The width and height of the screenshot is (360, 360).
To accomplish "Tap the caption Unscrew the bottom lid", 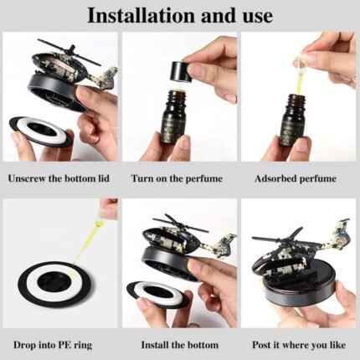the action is (x=59, y=178).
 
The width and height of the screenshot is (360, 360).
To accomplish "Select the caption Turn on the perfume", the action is (x=177, y=178).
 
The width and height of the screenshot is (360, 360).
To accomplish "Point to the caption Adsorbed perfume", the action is (x=296, y=178).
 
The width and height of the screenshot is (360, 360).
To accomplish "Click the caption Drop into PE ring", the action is (x=53, y=345).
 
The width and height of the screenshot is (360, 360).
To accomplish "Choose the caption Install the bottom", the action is (x=180, y=345).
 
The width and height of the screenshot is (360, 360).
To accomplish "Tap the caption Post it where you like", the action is (x=299, y=345).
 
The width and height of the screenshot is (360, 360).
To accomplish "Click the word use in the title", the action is (x=255, y=17).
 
